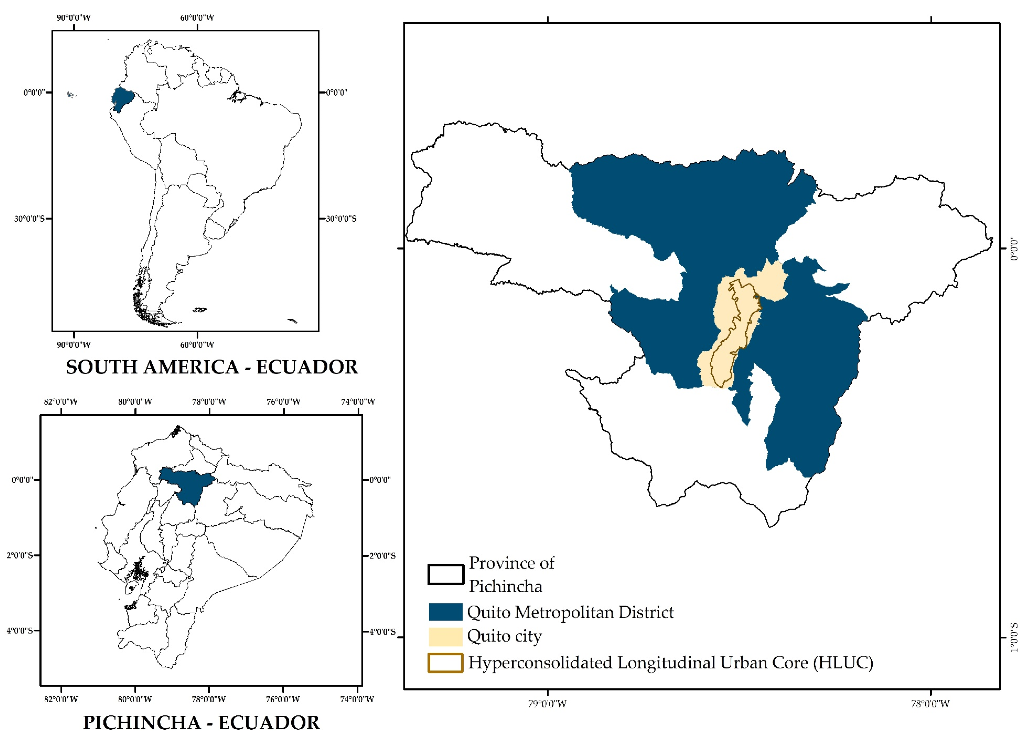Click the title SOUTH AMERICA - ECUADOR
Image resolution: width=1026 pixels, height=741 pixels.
point(212,367)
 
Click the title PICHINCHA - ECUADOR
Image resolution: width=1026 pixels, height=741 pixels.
point(201,722)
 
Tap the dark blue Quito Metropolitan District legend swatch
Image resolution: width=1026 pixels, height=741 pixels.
point(446,612)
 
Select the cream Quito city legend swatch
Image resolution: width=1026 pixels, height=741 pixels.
point(446,636)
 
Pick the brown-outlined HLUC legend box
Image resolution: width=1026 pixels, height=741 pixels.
point(446,663)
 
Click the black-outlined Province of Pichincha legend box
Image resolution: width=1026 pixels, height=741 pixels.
point(446,574)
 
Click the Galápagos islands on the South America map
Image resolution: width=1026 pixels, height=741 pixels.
point(71,95)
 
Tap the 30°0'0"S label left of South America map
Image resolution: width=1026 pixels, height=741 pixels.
point(29,219)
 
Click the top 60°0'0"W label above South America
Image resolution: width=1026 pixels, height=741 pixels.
point(197,18)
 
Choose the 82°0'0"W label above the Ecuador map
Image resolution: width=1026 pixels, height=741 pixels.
point(61,401)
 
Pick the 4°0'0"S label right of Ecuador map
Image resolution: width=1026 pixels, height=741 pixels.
point(382,631)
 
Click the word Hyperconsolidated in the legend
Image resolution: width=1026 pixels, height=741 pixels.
point(541,663)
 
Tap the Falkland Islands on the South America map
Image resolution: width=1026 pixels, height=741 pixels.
point(199,310)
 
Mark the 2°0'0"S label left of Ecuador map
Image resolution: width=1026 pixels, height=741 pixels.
point(19,555)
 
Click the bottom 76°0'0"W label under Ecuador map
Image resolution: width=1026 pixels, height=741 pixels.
point(283,699)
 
